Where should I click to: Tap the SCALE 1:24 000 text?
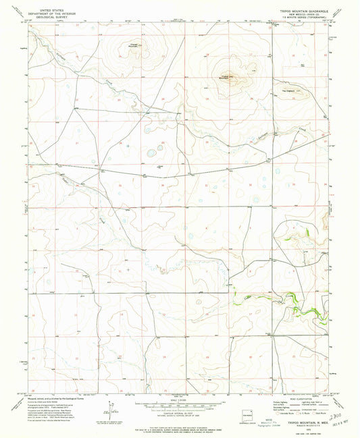[x=179, y=400]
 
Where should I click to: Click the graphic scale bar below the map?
[x=179, y=404]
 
